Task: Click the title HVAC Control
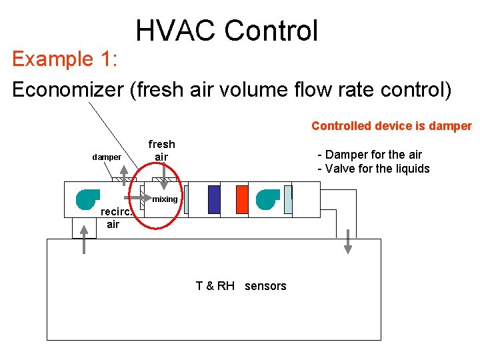(x=227, y=31)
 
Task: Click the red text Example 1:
(x=65, y=59)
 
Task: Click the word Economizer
(x=67, y=89)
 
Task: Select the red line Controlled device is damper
(x=391, y=126)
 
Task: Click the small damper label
(x=107, y=157)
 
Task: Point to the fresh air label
(x=161, y=151)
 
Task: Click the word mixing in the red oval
(x=165, y=199)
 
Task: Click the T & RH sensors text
(x=241, y=286)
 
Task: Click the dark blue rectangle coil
(x=213, y=199)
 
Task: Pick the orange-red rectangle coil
(x=241, y=199)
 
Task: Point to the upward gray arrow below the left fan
(x=84, y=238)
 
